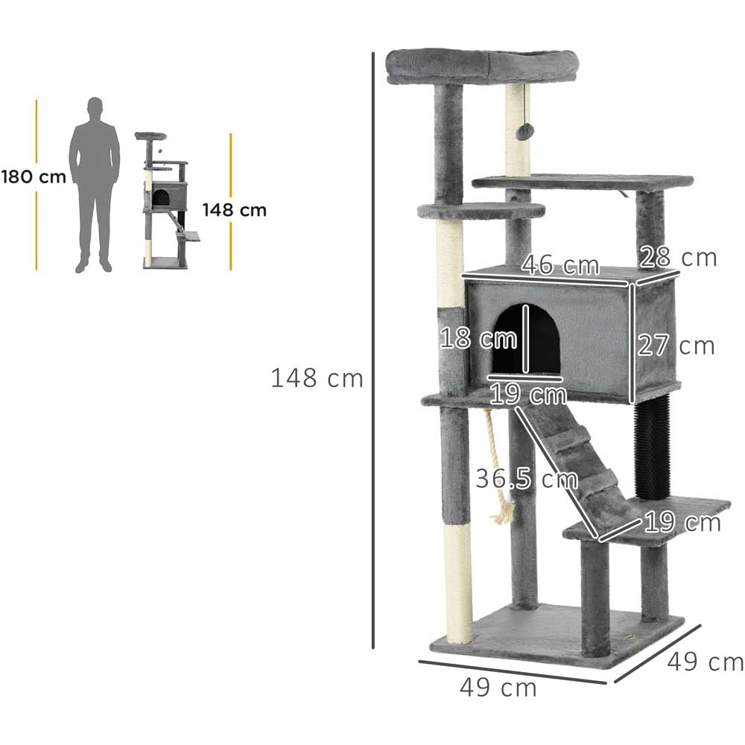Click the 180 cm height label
(34, 177)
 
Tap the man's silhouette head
(95, 107)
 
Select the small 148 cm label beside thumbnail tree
(234, 210)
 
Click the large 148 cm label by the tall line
(317, 378)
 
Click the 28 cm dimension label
(678, 258)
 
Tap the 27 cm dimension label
(676, 346)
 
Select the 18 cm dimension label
(478, 338)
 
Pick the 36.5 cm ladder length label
(527, 478)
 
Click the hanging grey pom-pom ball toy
(524, 133)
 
